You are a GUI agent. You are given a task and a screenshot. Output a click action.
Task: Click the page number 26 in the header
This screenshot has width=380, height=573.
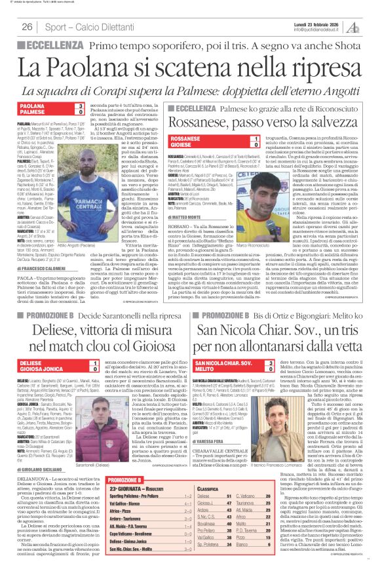coord(27,27)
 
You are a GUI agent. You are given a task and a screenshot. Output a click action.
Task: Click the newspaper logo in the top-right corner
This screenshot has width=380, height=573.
coord(354,26)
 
